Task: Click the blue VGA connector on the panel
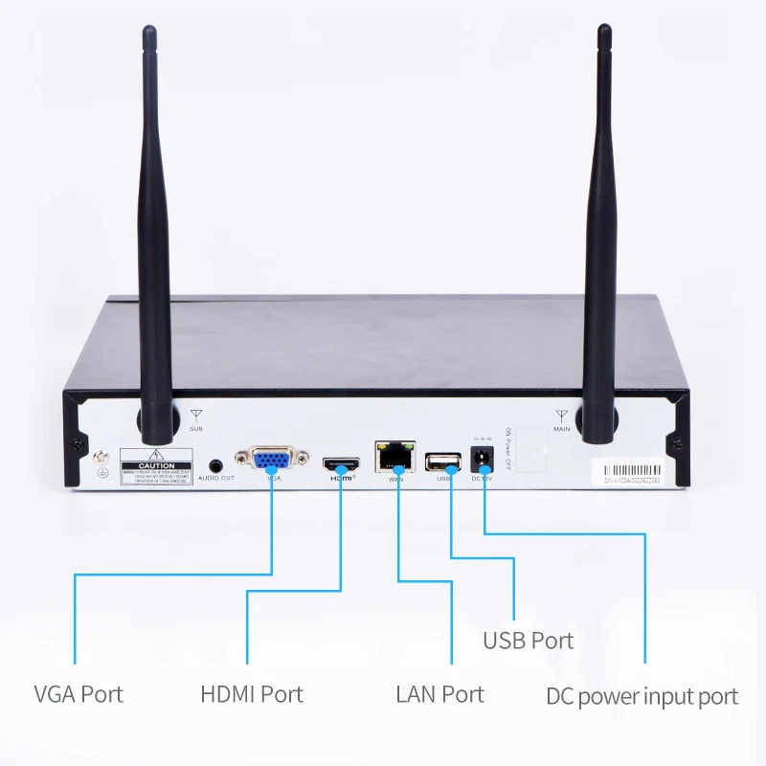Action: (272, 458)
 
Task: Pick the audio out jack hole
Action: (216, 464)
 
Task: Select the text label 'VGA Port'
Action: (79, 693)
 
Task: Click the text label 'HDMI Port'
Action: (252, 693)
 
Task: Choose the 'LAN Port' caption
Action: (439, 693)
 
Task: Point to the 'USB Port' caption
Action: (528, 641)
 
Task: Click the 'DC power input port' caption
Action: (642, 696)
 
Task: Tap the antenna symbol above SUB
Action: (196, 416)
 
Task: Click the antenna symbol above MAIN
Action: (561, 416)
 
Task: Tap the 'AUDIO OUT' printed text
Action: (215, 478)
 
